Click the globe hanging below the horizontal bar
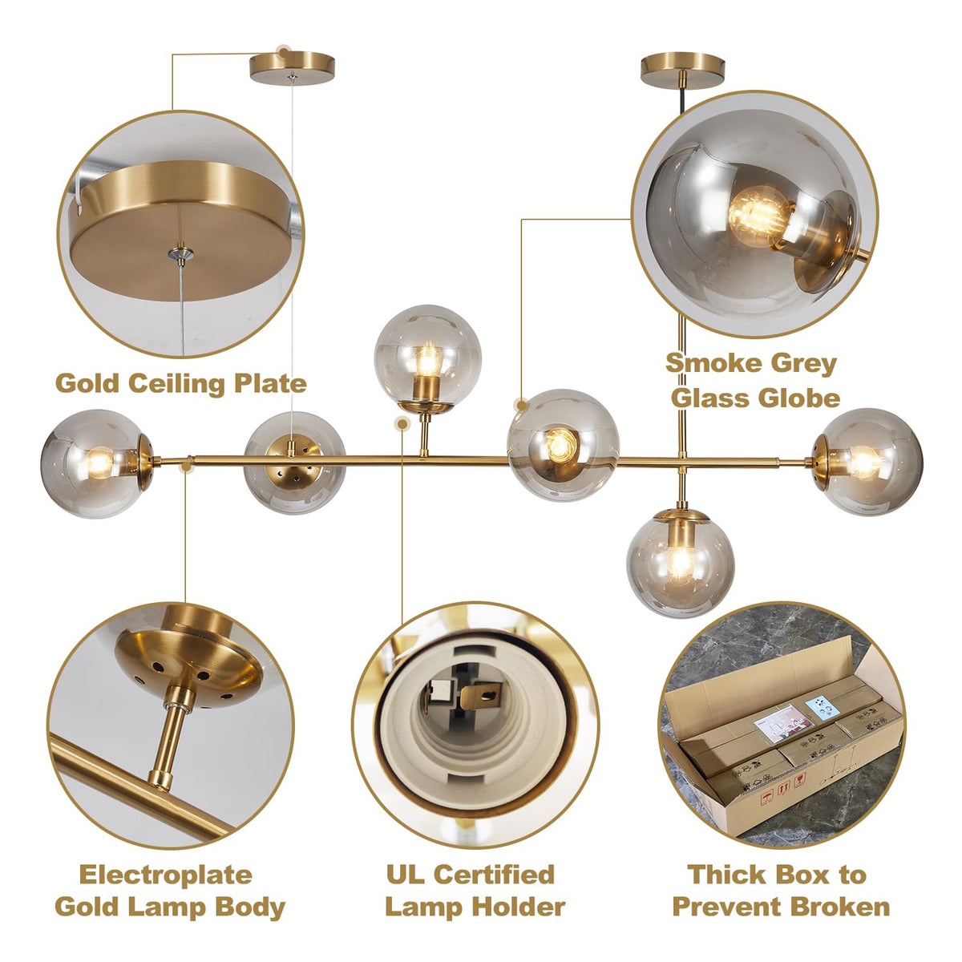[x=680, y=563]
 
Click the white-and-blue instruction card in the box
[x=825, y=707]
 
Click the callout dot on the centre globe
[x=522, y=405]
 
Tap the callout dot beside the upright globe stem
[x=402, y=423]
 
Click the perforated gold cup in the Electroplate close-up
[x=188, y=668]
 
